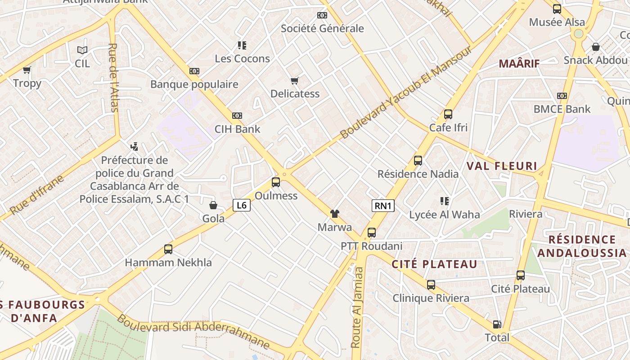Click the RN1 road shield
click(x=383, y=206)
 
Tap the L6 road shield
click(x=242, y=205)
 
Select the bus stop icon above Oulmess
click(x=276, y=182)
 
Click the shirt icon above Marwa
click(x=334, y=213)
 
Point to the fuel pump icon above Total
click(x=497, y=324)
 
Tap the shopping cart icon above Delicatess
click(x=295, y=81)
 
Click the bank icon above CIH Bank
click(x=237, y=116)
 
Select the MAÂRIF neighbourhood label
click(x=519, y=63)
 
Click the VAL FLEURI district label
click(x=502, y=166)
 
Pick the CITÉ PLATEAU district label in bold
click(x=434, y=264)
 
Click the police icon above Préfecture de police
click(x=134, y=146)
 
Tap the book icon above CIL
click(x=82, y=50)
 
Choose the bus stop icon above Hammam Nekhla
click(x=168, y=249)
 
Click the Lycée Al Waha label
click(x=445, y=215)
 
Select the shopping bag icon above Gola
click(x=213, y=205)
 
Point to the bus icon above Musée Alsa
click(x=557, y=9)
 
